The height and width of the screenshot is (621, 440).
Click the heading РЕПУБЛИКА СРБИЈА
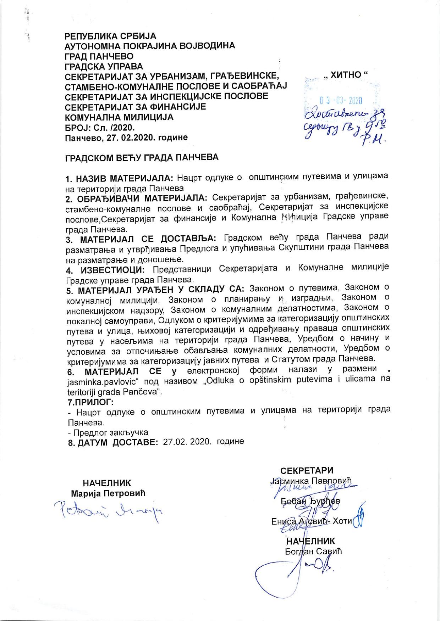tap(110, 36)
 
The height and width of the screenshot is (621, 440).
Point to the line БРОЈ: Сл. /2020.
tap(100, 127)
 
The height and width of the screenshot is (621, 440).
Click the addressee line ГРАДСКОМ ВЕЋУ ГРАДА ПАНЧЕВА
tap(142, 157)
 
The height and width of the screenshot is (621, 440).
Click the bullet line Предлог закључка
tap(108, 432)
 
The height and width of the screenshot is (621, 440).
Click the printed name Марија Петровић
tap(108, 493)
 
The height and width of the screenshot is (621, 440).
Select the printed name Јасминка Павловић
tap(311, 481)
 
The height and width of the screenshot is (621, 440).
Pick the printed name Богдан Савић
tap(313, 552)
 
